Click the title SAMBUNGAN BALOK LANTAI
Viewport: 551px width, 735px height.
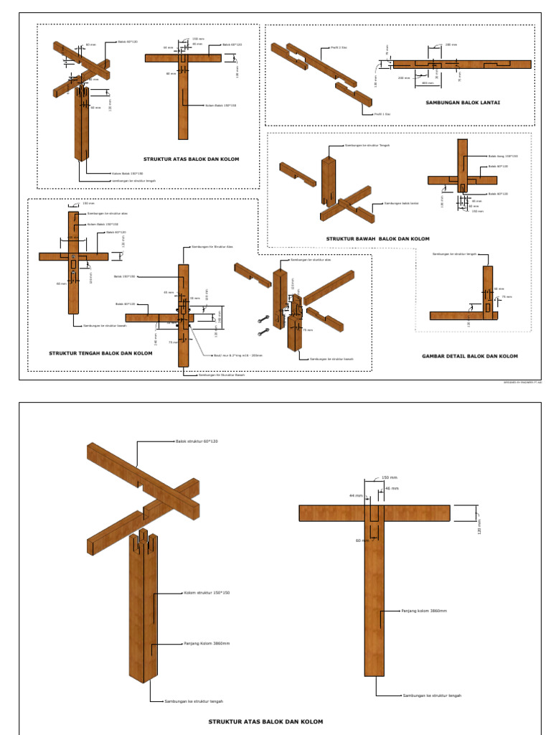click(463, 103)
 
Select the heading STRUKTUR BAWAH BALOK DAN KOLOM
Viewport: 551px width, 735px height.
click(377, 238)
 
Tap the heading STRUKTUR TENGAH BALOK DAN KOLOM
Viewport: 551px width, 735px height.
click(100, 353)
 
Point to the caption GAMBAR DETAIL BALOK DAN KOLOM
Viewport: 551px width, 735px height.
click(469, 356)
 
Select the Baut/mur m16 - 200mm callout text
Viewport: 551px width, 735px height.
click(237, 355)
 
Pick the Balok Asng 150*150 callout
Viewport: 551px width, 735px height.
click(502, 156)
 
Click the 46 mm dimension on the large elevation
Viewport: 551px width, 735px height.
click(392, 487)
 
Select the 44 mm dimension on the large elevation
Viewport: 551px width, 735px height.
click(356, 495)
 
